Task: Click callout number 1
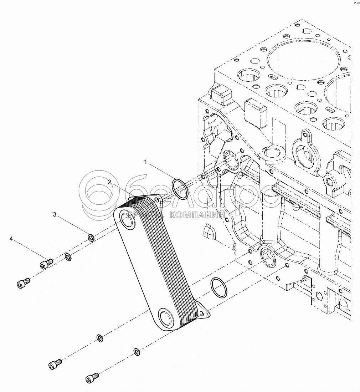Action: pyautogui.click(x=145, y=162)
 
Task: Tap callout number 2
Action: pyautogui.click(x=110, y=182)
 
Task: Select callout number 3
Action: pyautogui.click(x=55, y=214)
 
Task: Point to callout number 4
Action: pyautogui.click(x=11, y=239)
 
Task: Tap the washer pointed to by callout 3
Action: pyautogui.click(x=91, y=237)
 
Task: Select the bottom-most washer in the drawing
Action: pyautogui.click(x=136, y=352)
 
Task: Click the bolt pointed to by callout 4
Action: pyautogui.click(x=45, y=264)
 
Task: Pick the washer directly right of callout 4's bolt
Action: pyautogui.click(x=68, y=256)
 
